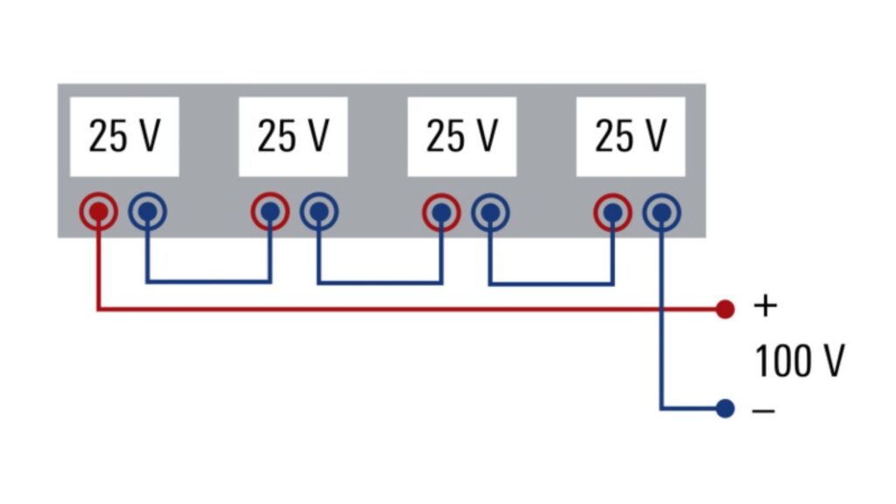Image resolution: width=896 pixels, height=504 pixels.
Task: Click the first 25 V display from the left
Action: pos(125,136)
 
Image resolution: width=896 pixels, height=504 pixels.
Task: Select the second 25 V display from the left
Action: pos(293,136)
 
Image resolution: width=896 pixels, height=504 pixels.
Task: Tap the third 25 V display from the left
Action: pos(462,136)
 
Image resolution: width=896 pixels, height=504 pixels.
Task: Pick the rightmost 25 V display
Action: pos(630,136)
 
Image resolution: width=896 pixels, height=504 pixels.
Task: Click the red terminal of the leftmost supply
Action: pos(99,211)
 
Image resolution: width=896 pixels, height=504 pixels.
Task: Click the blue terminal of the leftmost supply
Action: pos(148,211)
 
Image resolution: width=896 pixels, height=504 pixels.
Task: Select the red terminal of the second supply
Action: pos(270,211)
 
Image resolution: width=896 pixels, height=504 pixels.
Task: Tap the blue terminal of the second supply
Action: pos(319,211)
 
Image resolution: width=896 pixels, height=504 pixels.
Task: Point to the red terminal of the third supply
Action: pos(442,211)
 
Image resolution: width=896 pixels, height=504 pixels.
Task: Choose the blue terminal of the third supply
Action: pos(491,211)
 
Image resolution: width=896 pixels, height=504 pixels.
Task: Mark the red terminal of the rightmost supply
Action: pos(612,211)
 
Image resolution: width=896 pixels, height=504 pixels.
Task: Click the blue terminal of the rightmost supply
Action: pos(661,211)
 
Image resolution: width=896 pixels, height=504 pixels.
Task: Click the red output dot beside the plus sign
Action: pos(724,308)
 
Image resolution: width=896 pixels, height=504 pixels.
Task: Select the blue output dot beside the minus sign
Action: pos(724,408)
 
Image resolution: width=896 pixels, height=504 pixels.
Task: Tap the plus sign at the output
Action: pos(765,306)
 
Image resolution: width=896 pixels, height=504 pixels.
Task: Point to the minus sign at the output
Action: pos(764,409)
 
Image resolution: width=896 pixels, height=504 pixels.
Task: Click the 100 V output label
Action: pos(800,360)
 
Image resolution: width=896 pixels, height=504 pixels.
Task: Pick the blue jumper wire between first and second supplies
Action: pos(208,281)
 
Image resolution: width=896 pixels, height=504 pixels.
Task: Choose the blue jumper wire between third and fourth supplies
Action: pos(551,283)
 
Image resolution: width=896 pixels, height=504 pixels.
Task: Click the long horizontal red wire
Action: pos(394,308)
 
